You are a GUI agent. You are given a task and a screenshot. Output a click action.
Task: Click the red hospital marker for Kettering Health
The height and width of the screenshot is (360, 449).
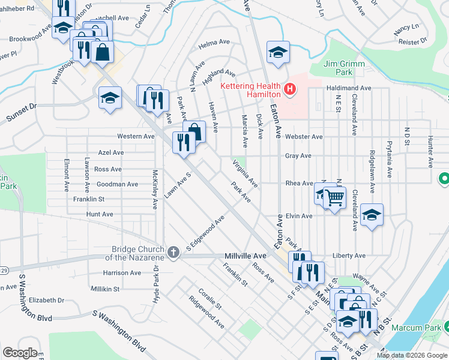click(x=291, y=90)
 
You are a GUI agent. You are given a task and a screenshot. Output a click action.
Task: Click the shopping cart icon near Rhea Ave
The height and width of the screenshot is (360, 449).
click(x=334, y=197)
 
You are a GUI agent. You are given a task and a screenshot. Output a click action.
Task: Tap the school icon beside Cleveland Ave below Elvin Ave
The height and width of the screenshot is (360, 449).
click(x=372, y=215)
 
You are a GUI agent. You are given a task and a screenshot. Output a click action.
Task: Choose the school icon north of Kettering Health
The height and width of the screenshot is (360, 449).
click(x=278, y=52)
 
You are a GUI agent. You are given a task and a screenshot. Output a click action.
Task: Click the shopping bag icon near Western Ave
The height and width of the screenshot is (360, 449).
click(x=194, y=132)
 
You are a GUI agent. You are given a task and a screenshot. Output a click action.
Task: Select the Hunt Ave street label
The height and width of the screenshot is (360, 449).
click(x=100, y=214)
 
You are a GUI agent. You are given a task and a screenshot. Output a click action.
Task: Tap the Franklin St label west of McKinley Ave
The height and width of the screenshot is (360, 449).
click(x=89, y=199)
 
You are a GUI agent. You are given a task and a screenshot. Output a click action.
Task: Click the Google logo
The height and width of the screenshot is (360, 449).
click(x=19, y=353)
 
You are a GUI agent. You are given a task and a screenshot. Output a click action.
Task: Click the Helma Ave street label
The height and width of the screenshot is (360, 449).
click(x=215, y=43)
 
